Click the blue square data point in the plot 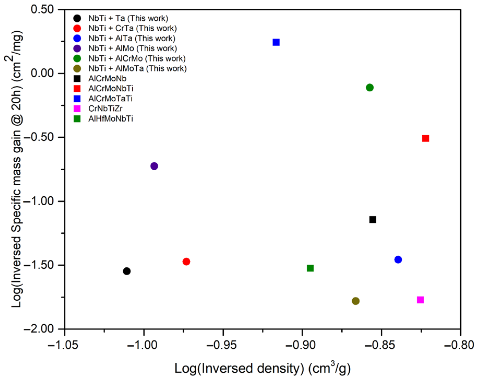coord(276,42)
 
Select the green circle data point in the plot coord(370,88)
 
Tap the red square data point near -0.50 coord(425,138)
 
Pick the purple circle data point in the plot coord(154,166)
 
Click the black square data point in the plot coord(373,220)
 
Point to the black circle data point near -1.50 coord(127,271)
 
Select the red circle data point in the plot coord(186,261)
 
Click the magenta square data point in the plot coord(420,300)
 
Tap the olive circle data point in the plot coord(355,301)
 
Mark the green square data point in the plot coord(310,268)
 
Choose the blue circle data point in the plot coord(398,260)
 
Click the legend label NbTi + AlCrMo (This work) coord(137,58)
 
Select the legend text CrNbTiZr coord(105,108)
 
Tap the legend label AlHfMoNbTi coord(111,119)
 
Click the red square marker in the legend coord(77,88)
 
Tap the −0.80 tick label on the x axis coord(460,345)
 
